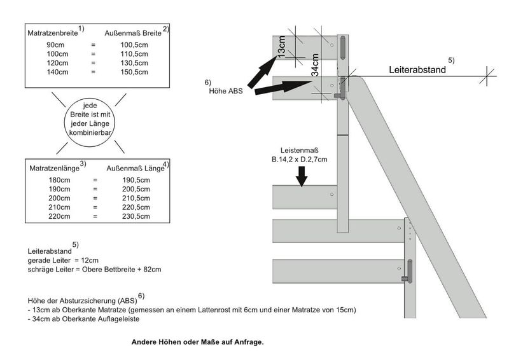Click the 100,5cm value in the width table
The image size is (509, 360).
(134, 45)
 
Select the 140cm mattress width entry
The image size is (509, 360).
(55, 73)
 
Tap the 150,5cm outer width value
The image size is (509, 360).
(134, 73)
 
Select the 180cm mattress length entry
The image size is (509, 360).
(58, 181)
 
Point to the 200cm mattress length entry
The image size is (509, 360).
(58, 198)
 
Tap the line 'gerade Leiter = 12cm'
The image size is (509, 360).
(64, 261)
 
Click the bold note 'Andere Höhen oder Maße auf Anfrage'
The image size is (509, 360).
(197, 342)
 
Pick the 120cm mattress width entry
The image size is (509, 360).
(55, 64)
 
